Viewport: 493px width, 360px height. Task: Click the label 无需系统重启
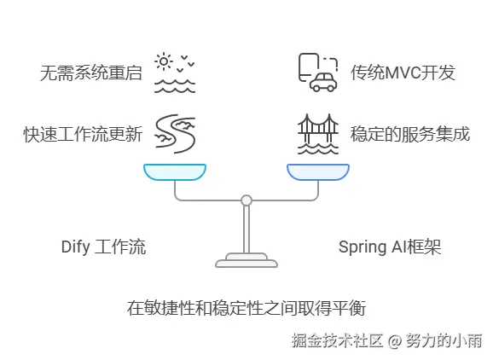(x=91, y=73)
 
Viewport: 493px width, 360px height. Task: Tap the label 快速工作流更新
(x=83, y=134)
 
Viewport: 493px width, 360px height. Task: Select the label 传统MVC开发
(x=403, y=73)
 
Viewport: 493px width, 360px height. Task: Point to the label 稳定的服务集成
(x=410, y=134)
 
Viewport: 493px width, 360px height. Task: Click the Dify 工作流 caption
(x=103, y=247)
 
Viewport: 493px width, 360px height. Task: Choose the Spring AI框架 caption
(x=390, y=247)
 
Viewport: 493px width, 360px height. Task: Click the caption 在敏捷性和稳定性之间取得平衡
(x=246, y=308)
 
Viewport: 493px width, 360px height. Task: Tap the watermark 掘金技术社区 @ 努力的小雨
(x=386, y=340)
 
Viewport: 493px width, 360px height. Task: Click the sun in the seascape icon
(x=164, y=61)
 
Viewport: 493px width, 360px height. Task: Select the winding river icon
(x=175, y=134)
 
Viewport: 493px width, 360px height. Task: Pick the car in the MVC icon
(x=323, y=82)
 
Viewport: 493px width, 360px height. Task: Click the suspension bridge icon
(x=318, y=134)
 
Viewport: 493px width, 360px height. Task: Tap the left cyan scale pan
(x=175, y=172)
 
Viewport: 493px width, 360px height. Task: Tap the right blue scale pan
(x=318, y=172)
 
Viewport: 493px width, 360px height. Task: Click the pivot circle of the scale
(x=246, y=200)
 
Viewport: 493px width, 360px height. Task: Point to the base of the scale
(x=246, y=261)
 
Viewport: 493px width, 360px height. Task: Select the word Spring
(x=363, y=247)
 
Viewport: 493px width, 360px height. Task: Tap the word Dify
(x=76, y=247)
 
